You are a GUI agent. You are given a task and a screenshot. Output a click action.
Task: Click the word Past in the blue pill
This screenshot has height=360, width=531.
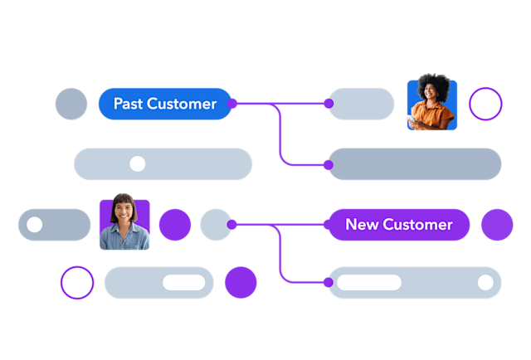click(128, 104)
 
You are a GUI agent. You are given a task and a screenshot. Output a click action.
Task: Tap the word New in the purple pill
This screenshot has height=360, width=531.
click(362, 225)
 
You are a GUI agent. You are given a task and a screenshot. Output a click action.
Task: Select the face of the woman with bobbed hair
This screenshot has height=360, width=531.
click(123, 215)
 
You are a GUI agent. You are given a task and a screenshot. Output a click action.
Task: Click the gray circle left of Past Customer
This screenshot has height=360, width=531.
click(71, 104)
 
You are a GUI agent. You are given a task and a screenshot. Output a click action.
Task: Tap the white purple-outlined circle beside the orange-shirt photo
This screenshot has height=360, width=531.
click(485, 105)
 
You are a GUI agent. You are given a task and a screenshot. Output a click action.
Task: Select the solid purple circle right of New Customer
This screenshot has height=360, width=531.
click(497, 225)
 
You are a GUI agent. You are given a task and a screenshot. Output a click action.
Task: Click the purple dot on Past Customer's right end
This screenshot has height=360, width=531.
click(231, 104)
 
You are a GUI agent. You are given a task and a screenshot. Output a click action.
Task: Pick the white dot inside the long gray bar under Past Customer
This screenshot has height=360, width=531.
click(138, 163)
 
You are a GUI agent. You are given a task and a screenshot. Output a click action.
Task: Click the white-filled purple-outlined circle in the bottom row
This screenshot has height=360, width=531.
click(77, 283)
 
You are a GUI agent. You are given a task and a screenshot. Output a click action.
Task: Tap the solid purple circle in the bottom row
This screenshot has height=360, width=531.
click(241, 283)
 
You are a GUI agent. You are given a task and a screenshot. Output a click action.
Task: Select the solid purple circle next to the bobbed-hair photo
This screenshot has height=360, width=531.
click(174, 225)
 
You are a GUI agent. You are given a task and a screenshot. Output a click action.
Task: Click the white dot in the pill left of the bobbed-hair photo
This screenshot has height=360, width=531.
click(35, 225)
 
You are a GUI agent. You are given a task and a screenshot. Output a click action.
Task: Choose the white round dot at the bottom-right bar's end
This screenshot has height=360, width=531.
click(485, 282)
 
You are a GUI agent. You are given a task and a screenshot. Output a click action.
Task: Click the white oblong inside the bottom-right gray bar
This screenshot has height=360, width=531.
click(368, 282)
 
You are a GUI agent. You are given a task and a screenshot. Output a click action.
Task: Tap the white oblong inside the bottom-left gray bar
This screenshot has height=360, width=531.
click(184, 283)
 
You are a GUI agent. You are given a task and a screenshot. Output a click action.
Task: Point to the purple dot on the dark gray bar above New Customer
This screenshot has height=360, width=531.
click(329, 165)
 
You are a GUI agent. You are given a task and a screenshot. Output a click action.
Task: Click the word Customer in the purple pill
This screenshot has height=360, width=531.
click(418, 225)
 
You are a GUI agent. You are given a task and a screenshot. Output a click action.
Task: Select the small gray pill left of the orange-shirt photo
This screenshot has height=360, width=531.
click(363, 104)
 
